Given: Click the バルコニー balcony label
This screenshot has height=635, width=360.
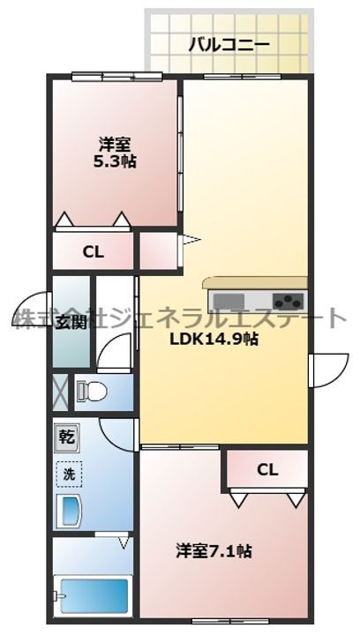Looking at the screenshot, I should [229, 44].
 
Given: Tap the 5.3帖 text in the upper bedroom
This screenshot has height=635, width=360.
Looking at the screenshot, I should [115, 162].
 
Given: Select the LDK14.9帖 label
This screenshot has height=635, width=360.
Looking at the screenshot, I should [214, 339].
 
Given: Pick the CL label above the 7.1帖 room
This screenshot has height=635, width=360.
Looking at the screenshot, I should [266, 471].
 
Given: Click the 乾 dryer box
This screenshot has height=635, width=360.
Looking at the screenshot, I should [67, 437].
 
